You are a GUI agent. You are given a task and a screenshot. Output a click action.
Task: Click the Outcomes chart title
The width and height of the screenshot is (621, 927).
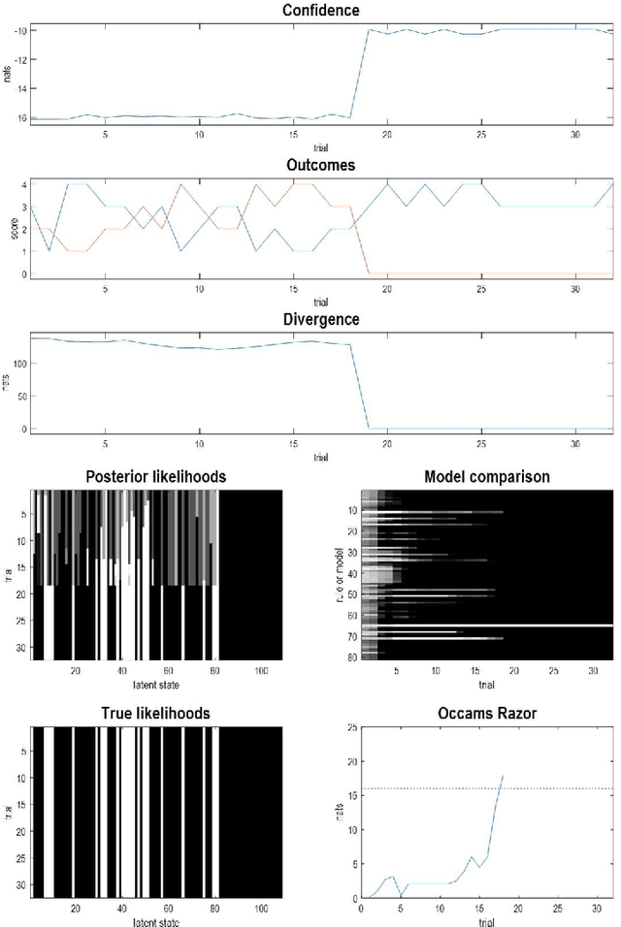(320, 165)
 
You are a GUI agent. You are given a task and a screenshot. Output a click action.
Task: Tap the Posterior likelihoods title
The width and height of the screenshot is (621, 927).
(156, 476)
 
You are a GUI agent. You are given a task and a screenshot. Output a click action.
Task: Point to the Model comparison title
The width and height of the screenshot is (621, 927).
(487, 476)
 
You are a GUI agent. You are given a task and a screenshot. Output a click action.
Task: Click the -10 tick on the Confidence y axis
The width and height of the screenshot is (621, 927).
(18, 30)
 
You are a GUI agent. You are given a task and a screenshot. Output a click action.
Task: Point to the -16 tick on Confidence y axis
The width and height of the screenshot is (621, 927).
(18, 117)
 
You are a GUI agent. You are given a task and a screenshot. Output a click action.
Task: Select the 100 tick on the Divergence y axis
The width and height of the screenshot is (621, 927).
(16, 364)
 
